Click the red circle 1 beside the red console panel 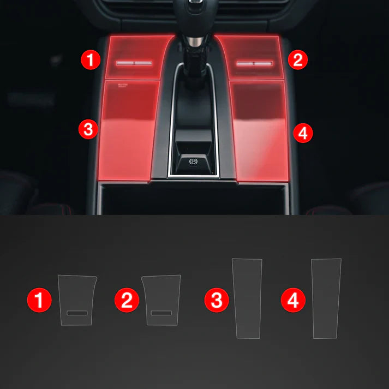coord(91,59)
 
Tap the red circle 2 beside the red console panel coord(297,59)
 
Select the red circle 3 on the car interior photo coord(88,130)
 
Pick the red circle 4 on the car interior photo coord(303,132)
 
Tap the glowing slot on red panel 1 coord(133,62)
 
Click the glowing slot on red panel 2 coord(254,63)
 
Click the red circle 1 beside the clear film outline coord(39,300)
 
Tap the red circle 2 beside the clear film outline coord(127,300)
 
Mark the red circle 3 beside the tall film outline coord(217,300)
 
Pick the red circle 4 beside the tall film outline coord(294,300)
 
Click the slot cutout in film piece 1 coord(77,313)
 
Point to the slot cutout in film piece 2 coord(161,313)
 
